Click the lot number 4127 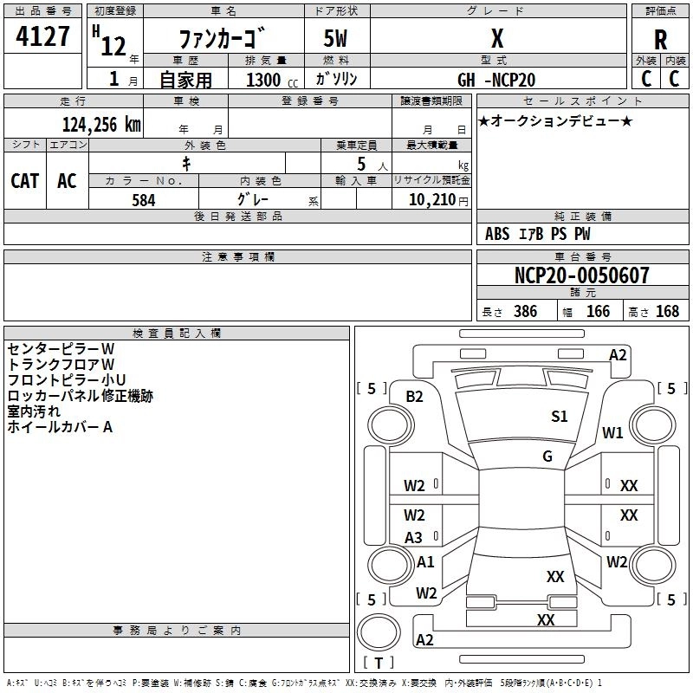42,36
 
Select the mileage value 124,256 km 101,125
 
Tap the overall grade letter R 660,40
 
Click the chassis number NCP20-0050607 582,275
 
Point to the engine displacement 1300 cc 272,80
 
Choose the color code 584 144,200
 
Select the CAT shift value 25,181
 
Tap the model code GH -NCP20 496,80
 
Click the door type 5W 335,38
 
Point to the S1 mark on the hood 559,417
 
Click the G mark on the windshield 547,457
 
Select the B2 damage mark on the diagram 414,397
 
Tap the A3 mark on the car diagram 413,538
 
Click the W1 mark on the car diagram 612,432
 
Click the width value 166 598,312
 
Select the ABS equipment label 497,234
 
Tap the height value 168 667,312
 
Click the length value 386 525,312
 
